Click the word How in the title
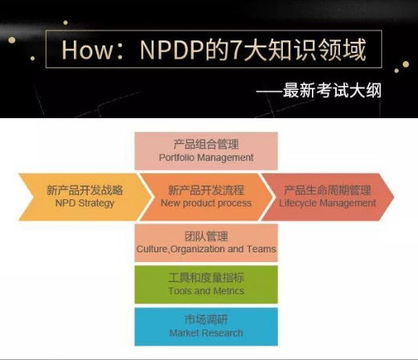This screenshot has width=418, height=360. tap(88, 50)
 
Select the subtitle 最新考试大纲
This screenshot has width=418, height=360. tap(332, 90)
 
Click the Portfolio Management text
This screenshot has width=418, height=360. tap(206, 157)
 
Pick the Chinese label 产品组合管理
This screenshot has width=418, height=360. tap(206, 144)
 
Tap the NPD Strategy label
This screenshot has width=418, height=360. tap(84, 203)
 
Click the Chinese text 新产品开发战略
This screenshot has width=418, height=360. tap(84, 190)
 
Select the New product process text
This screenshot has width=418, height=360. tap(206, 203)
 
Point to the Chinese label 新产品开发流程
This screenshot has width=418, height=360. tap(206, 190)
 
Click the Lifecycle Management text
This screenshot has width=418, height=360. tap(327, 203)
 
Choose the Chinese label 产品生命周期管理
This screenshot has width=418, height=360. tap(327, 190)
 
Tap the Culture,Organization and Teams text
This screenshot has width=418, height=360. tap(206, 249)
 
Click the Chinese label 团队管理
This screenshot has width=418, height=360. tap(206, 236)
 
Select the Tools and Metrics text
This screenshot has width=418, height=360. tap(206, 291)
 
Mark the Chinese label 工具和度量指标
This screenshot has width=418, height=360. tap(206, 278)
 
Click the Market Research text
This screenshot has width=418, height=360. tap(206, 333)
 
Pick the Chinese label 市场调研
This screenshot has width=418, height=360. tap(206, 320)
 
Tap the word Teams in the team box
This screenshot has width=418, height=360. tap(261, 249)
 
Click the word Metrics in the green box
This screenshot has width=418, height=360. tap(229, 291)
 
